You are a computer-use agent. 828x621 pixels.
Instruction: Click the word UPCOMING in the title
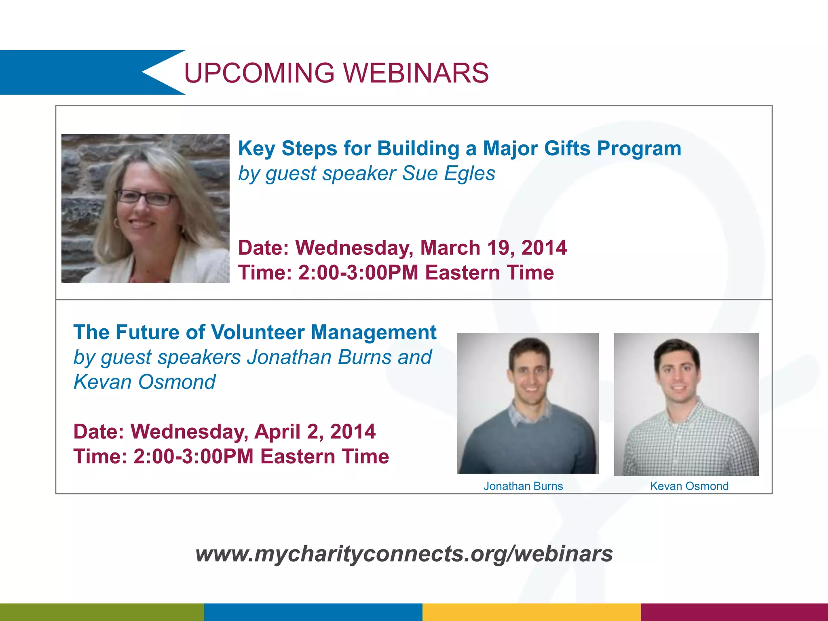(x=259, y=73)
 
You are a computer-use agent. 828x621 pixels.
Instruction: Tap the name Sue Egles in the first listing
(x=448, y=173)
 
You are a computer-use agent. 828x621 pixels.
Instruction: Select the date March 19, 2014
(x=493, y=248)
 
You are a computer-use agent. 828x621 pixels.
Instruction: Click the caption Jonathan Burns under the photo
(x=523, y=486)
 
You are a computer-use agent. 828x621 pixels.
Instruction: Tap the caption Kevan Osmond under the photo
(x=689, y=486)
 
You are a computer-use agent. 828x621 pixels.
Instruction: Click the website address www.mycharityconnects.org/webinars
(x=404, y=553)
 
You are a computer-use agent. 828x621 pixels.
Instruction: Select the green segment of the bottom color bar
(x=101, y=612)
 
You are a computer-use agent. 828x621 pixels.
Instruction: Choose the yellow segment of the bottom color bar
(x=531, y=612)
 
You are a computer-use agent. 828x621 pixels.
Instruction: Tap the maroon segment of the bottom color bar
(x=734, y=612)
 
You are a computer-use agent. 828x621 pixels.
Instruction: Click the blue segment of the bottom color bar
(x=313, y=612)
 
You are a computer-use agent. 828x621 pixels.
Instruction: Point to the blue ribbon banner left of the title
(x=73, y=72)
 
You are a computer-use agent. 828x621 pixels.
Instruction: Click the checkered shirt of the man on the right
(x=687, y=445)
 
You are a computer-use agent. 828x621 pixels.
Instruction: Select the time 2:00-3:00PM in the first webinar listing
(x=358, y=273)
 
